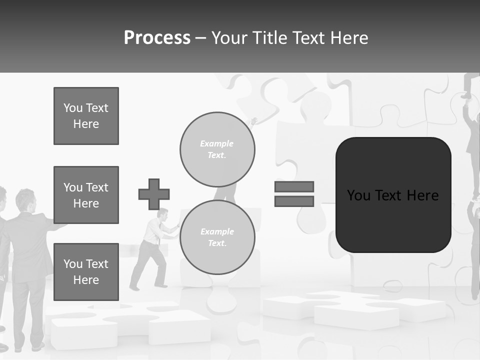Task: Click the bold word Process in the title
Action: [157, 38]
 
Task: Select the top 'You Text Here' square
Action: [86, 116]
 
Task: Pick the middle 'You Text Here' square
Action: [86, 195]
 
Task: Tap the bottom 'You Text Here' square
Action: [86, 271]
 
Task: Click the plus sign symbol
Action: [154, 194]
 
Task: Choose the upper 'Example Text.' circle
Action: [217, 149]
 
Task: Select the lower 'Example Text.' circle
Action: [217, 237]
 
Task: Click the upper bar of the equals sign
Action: [294, 186]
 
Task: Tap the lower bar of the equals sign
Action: [294, 201]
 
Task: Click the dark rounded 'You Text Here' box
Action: [393, 195]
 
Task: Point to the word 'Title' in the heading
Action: [270, 38]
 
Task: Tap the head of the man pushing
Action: [162, 214]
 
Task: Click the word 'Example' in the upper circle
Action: [217, 143]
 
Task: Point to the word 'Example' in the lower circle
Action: [217, 231]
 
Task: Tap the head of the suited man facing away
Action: [25, 199]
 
